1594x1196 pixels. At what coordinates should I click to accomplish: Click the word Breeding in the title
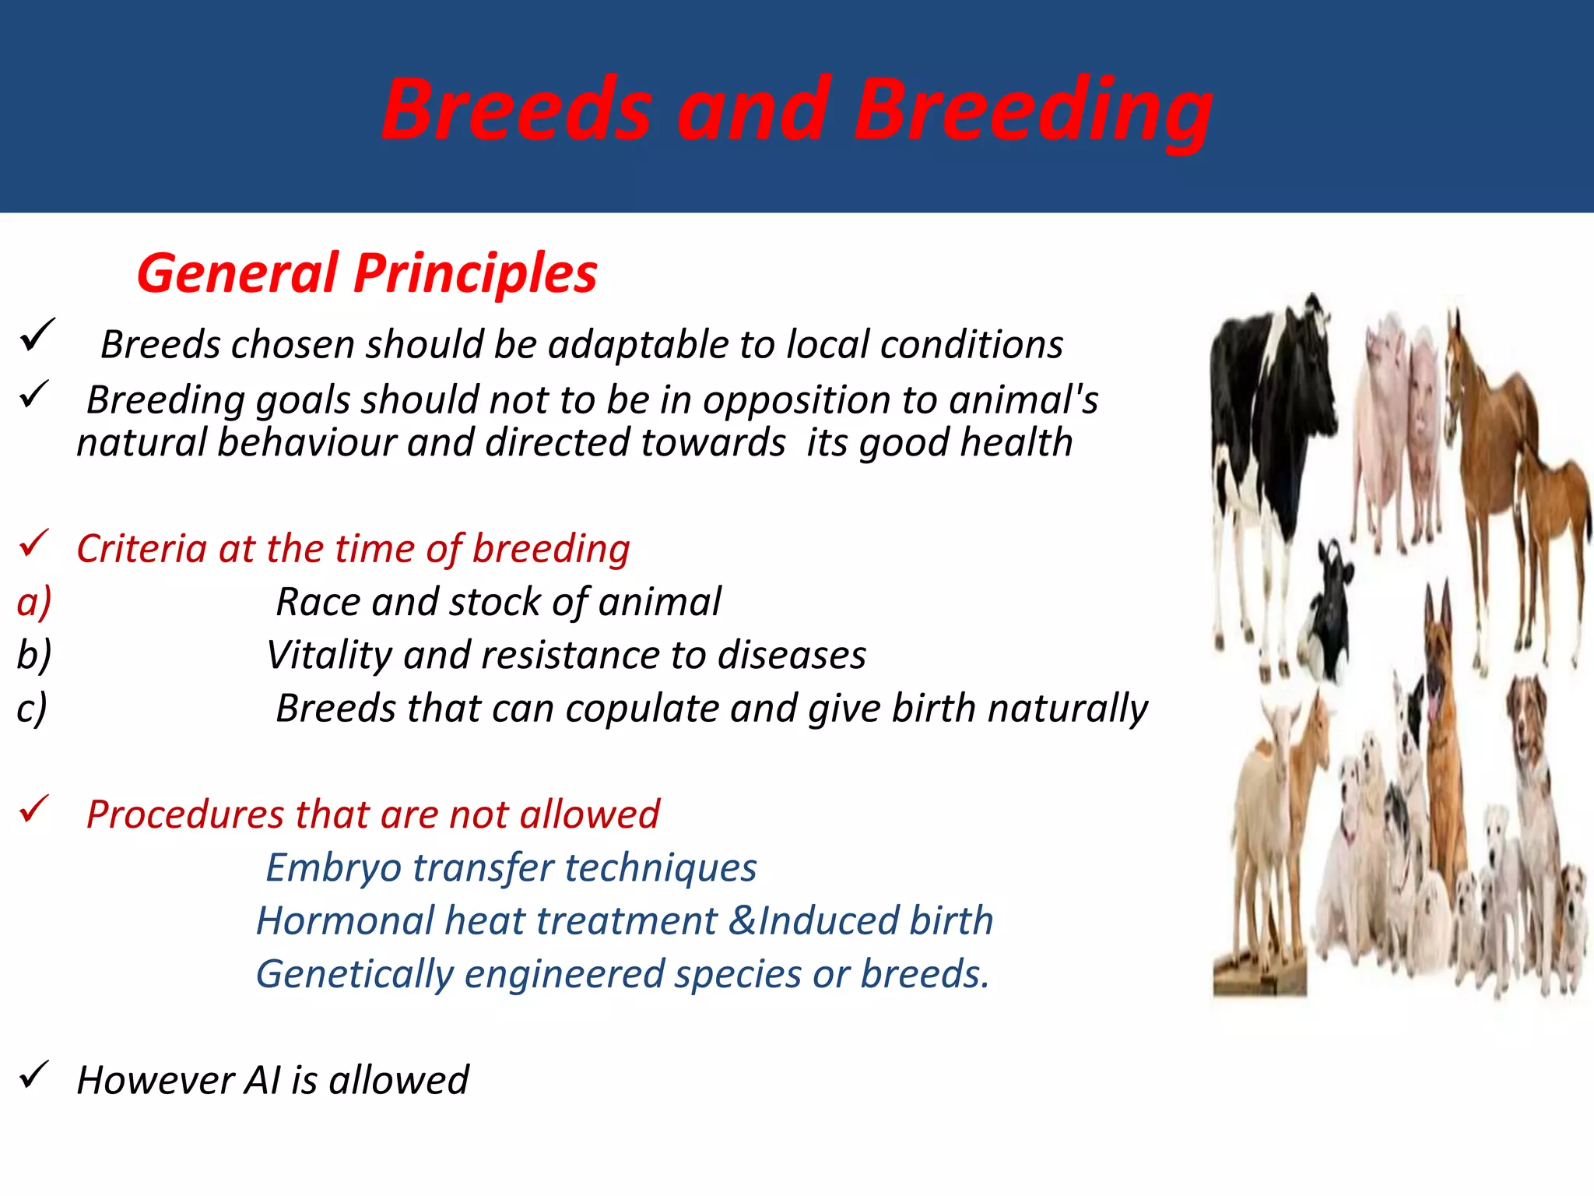[x=1033, y=111]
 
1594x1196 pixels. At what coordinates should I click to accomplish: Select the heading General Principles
[x=367, y=273]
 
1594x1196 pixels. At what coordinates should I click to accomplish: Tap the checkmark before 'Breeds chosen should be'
[x=37, y=335]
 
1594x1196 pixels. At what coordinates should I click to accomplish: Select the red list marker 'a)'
[x=34, y=602]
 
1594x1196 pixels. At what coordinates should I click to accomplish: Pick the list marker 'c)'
[x=32, y=708]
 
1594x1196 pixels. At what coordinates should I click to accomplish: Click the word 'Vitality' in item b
[x=328, y=655]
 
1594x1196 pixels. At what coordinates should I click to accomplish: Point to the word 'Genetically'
[x=355, y=974]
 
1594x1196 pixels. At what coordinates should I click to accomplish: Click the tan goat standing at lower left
[x=1276, y=810]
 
